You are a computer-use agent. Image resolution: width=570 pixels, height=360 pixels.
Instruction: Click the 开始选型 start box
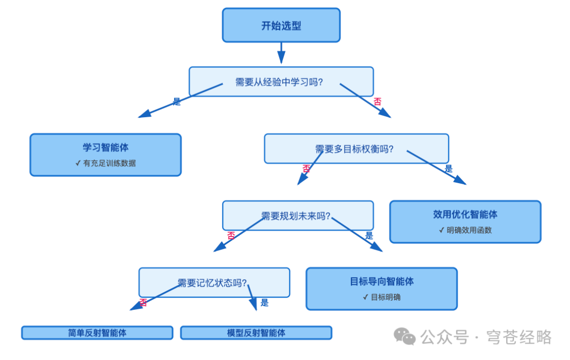[x=281, y=25]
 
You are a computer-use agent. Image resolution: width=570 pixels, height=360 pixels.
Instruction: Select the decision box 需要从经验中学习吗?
[x=281, y=82]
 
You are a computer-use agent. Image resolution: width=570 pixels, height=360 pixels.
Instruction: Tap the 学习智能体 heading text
[x=106, y=147]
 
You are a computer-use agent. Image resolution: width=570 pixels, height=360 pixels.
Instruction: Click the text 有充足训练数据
[x=109, y=163]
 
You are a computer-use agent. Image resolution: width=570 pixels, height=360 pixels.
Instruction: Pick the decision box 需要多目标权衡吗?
[x=356, y=149]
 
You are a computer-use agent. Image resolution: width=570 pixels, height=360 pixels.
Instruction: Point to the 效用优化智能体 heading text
[x=465, y=214]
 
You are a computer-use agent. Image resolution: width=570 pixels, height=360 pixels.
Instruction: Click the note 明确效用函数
[x=469, y=230]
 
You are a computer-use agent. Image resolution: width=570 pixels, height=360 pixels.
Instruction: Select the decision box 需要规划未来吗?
[x=297, y=216]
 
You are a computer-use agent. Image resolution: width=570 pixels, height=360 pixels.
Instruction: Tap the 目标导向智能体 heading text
[x=382, y=281]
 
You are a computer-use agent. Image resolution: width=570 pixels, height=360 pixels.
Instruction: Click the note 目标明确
[x=385, y=297]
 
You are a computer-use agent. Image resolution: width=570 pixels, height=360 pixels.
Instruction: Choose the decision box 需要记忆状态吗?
[x=214, y=283]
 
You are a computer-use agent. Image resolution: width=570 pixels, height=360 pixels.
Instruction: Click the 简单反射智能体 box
[x=97, y=333]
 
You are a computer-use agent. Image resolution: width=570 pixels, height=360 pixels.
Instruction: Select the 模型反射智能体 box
[x=256, y=333]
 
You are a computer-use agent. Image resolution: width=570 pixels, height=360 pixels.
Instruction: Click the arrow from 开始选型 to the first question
[x=281, y=53]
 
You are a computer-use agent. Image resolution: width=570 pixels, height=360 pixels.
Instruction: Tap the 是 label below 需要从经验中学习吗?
[x=177, y=102]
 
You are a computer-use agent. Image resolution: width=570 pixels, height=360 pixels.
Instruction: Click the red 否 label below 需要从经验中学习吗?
[x=377, y=102]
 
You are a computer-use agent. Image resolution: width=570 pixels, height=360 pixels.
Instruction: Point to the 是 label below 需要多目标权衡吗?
[x=449, y=169]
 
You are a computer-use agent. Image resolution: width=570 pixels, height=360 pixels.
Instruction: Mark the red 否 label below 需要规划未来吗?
[x=231, y=236]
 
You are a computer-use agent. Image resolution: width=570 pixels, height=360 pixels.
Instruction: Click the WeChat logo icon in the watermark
[x=405, y=336]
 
